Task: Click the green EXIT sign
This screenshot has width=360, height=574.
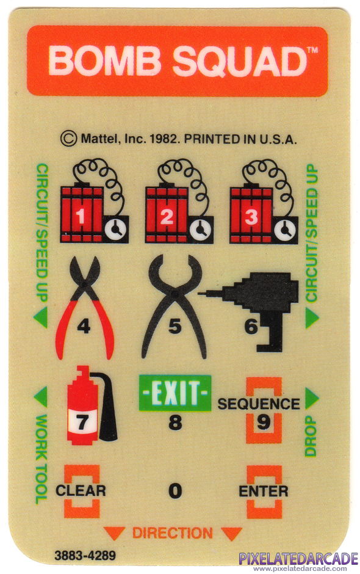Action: pos(175,393)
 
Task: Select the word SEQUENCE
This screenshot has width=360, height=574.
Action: pos(259,404)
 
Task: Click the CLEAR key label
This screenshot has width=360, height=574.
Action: pos(81,490)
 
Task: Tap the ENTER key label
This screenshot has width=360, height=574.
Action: pos(264,491)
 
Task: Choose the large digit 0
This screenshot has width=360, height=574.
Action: pos(175,490)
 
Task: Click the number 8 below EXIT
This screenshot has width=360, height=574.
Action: pos(175,422)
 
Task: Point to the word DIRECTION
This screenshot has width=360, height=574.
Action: pos(172,533)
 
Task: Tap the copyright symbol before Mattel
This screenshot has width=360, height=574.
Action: pos(69,139)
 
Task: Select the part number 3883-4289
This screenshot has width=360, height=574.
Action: pos(85,555)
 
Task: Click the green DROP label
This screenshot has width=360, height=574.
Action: pos(311,436)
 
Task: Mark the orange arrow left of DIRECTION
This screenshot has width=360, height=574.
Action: pos(115,533)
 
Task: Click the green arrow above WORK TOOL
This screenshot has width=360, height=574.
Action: pos(41,397)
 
